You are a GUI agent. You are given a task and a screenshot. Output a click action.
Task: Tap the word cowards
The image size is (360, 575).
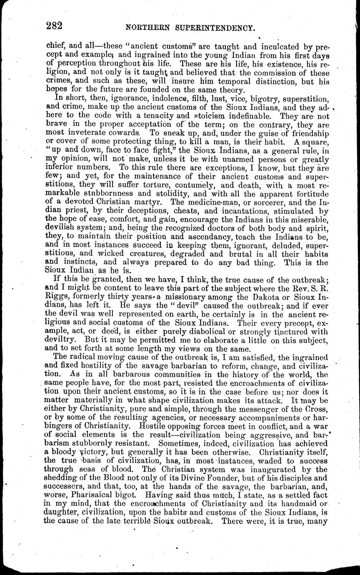122,133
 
